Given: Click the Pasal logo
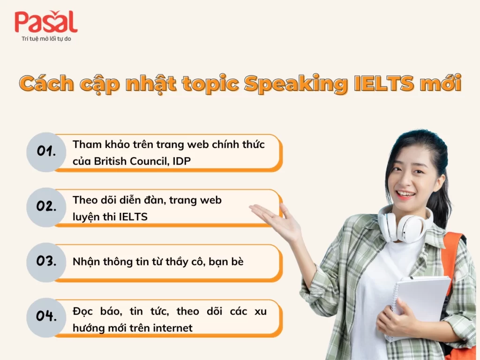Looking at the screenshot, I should click(x=45, y=22).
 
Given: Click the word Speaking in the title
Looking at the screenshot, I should click(x=294, y=84).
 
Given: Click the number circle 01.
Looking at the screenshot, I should click(x=45, y=152).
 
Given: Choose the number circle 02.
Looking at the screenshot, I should click(x=45, y=207).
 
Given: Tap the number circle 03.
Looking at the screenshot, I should click(x=45, y=262).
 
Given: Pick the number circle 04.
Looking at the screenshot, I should click(x=45, y=316).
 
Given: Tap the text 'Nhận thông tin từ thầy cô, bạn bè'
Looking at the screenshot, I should click(x=158, y=262).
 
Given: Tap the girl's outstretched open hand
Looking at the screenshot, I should click(x=277, y=220).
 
